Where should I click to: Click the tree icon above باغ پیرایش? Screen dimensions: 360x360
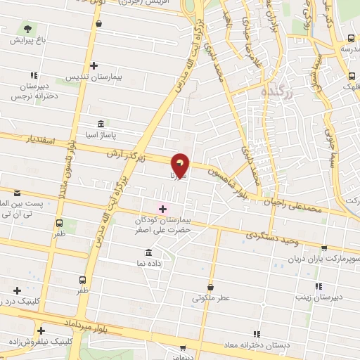[27, 29]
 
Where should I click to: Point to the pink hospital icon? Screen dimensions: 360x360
[162, 208]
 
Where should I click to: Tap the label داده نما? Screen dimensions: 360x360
[148, 262]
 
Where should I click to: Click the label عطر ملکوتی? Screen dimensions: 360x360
[211, 298]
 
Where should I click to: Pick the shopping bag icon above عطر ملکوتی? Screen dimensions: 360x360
[211, 286]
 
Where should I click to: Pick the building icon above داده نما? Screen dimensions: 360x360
[148, 252]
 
